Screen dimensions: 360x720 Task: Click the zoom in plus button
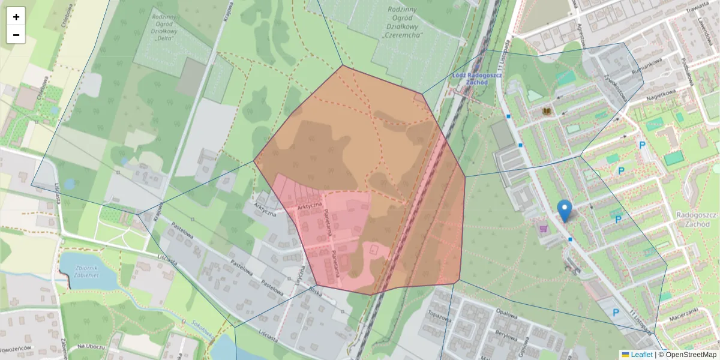(16, 17)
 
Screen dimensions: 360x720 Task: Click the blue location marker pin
(565, 211)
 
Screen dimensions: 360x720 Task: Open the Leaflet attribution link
(641, 355)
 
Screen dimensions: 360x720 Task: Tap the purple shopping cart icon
(544, 229)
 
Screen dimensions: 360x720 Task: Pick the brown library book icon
(547, 112)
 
